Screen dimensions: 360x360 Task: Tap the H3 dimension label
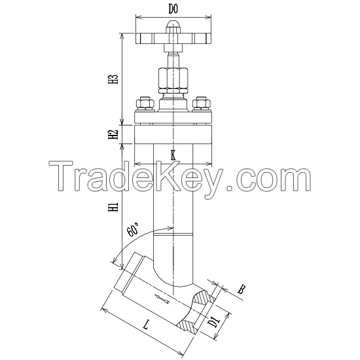[113, 79]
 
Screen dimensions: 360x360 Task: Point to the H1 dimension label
[113, 208]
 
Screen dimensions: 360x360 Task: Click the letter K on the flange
[173, 155]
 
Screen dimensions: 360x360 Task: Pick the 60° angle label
[132, 229]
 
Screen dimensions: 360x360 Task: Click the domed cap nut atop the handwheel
[173, 26]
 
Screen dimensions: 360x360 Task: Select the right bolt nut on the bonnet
[202, 103]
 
